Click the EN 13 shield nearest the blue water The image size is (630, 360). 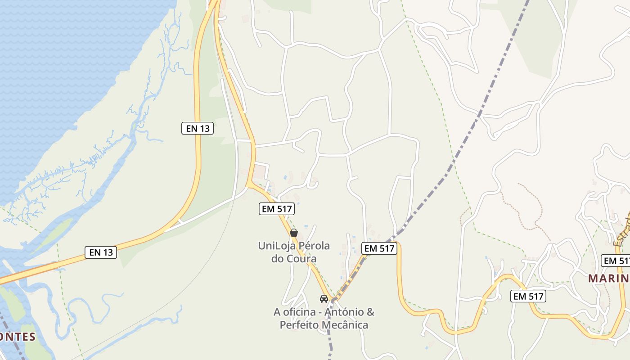pos(198,128)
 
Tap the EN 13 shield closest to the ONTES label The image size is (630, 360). pos(101,252)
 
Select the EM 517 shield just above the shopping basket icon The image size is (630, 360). pos(277,209)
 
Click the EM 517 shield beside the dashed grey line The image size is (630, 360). pos(379,248)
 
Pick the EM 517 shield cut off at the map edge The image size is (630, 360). pos(616,261)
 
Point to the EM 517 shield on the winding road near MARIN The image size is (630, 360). pos(528,296)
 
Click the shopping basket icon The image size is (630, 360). pos(294,233)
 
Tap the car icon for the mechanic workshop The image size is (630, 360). pos(324,298)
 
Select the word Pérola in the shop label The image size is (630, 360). pos(313,246)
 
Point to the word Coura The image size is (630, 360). pos(301,259)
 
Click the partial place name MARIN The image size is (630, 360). pos(608,278)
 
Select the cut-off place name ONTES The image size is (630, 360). pos(17,337)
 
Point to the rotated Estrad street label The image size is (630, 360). pos(623,232)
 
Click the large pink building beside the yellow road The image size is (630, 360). pos(260,171)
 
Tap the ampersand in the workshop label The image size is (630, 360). pos(370,312)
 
